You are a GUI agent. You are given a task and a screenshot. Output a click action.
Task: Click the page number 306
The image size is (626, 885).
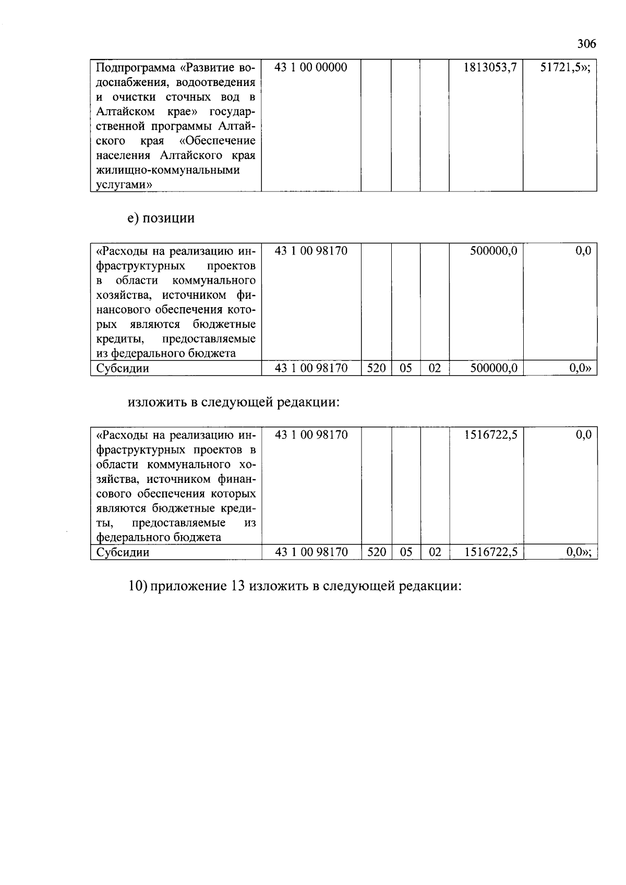click(586, 44)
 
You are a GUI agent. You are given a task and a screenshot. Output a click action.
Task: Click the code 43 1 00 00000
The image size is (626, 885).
click(310, 67)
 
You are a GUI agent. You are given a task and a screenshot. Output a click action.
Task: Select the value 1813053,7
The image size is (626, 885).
click(490, 67)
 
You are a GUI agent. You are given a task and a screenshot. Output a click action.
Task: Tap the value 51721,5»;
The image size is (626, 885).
click(565, 67)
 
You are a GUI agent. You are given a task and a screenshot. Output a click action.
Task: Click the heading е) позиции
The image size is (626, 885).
click(161, 218)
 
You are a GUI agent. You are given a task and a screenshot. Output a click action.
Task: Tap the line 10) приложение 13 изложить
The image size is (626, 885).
click(295, 586)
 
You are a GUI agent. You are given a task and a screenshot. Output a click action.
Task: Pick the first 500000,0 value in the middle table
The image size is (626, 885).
click(493, 251)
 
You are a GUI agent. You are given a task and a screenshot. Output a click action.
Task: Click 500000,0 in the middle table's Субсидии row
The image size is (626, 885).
click(493, 368)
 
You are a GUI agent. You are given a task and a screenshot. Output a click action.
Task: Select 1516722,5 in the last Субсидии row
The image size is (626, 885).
click(490, 552)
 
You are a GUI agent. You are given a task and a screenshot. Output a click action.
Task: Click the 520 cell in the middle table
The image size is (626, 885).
click(376, 368)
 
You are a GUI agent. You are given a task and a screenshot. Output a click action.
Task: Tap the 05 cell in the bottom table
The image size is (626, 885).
click(406, 552)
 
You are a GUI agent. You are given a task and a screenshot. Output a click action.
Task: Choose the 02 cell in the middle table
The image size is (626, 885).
click(435, 368)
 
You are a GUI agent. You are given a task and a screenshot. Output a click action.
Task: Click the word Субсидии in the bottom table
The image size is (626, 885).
click(123, 552)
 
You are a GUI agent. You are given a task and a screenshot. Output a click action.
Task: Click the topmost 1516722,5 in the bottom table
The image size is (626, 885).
click(490, 435)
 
